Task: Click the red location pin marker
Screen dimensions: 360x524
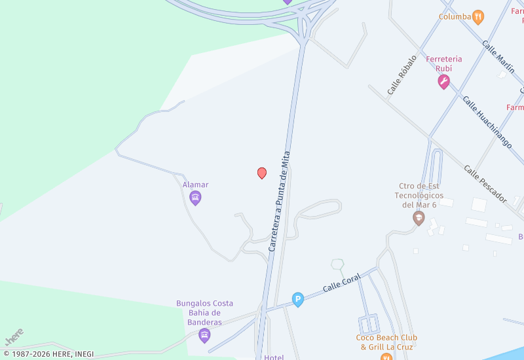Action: click(x=262, y=173)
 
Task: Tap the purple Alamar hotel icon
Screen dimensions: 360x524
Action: click(x=195, y=198)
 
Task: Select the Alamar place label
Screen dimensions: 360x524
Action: click(x=195, y=185)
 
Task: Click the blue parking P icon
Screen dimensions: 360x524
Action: click(x=298, y=300)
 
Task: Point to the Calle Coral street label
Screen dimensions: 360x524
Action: click(x=342, y=283)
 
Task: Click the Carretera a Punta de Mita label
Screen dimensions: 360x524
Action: click(x=280, y=202)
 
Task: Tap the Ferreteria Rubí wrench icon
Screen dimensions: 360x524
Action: click(x=444, y=82)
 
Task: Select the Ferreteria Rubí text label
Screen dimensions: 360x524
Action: click(x=444, y=63)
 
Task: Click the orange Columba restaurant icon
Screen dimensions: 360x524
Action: click(x=479, y=17)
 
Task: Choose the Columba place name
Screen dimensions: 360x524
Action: click(x=455, y=17)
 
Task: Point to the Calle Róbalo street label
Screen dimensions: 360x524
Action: click(x=402, y=75)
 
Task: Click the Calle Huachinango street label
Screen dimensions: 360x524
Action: click(x=487, y=122)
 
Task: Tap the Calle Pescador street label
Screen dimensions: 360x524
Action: click(x=485, y=183)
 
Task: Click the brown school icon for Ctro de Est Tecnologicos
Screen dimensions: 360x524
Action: click(x=419, y=219)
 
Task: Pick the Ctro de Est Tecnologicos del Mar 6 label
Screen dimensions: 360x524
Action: click(x=419, y=195)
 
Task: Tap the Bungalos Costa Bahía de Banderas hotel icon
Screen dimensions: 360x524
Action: click(x=204, y=336)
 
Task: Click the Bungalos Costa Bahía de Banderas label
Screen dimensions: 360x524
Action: click(x=204, y=313)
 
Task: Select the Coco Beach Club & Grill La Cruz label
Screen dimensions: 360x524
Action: click(x=386, y=342)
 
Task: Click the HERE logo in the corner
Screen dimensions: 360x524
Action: click(x=14, y=336)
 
